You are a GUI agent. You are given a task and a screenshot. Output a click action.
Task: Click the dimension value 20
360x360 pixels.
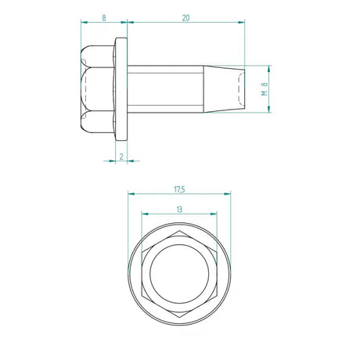pyautogui.click(x=185, y=16)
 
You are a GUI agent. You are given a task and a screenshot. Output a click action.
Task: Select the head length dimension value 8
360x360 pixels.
pyautogui.click(x=103, y=16)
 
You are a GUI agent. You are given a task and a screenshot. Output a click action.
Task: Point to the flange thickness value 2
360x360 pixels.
pyautogui.click(x=121, y=157)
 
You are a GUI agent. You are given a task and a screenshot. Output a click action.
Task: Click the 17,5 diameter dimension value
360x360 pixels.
pyautogui.click(x=181, y=188)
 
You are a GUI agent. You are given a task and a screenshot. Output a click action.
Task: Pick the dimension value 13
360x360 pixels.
pyautogui.click(x=181, y=209)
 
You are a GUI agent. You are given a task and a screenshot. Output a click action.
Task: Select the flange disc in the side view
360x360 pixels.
pyautogui.click(x=121, y=88)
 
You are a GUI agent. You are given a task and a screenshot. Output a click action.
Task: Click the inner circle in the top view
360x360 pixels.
pyautogui.click(x=180, y=274)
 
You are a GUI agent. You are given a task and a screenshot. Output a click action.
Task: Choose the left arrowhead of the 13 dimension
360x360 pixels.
pyautogui.click(x=143, y=214)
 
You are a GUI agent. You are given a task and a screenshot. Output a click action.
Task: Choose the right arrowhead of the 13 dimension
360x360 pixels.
pyautogui.click(x=218, y=214)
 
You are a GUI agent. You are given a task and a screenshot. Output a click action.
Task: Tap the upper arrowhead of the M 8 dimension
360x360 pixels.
pyautogui.click(x=270, y=67)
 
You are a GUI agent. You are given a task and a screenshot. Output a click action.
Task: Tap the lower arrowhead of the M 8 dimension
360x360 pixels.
pyautogui.click(x=270, y=110)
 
